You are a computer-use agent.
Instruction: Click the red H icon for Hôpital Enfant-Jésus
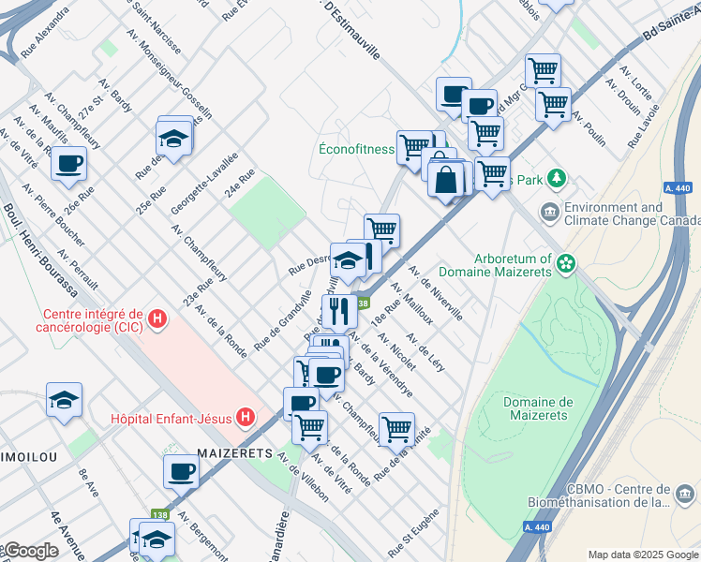tap(246, 417)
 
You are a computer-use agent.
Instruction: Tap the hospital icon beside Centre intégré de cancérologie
tap(157, 319)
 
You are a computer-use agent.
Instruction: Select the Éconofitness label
tap(356, 148)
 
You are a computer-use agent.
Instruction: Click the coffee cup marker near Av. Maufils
tap(68, 163)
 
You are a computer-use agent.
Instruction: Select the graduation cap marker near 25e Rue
tap(173, 138)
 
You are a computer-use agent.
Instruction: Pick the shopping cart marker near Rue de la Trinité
tap(396, 429)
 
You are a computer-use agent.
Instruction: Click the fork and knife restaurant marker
tap(338, 309)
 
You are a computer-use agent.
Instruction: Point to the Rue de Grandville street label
tap(283, 318)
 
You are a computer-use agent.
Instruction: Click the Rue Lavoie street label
tap(644, 126)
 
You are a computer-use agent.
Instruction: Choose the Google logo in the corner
tap(30, 551)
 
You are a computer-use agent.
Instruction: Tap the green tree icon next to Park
tap(557, 177)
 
